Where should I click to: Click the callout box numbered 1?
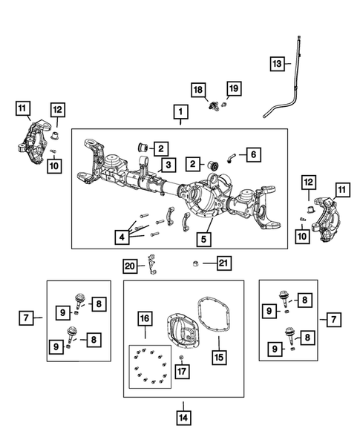click(179, 113)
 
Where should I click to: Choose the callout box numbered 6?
click(252, 154)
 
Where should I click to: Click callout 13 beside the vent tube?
click(276, 65)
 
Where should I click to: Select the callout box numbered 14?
click(183, 417)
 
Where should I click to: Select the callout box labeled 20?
click(130, 265)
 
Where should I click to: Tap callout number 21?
click(220, 263)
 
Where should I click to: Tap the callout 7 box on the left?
click(26, 318)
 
